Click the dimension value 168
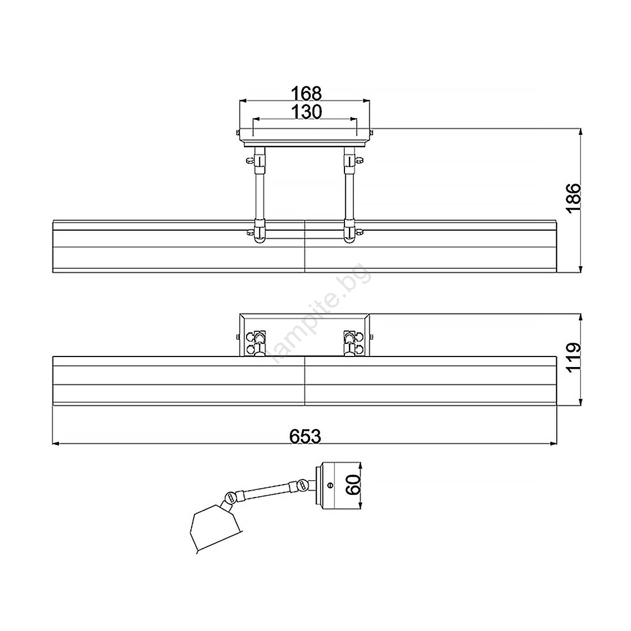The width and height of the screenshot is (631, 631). click(x=307, y=94)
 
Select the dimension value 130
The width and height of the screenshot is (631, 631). click(x=307, y=112)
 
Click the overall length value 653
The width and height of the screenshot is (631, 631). click(x=305, y=436)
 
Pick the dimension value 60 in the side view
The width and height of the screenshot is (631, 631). click(x=353, y=485)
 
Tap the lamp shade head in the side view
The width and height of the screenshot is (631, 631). click(x=215, y=532)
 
